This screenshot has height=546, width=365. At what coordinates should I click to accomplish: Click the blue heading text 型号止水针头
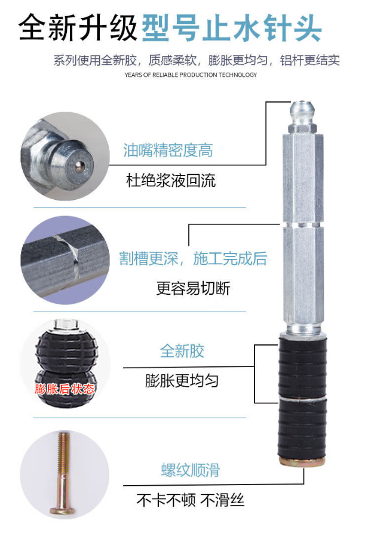(231, 29)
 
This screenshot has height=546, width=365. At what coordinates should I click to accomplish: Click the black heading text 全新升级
(78, 28)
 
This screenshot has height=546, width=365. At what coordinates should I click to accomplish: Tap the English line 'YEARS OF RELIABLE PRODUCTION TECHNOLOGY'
(191, 75)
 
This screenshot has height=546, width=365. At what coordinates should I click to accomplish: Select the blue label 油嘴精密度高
(168, 150)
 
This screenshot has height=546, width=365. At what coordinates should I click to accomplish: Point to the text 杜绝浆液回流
(171, 180)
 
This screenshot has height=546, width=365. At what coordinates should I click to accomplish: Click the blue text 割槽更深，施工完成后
(193, 259)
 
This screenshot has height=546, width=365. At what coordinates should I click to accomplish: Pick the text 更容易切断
(193, 288)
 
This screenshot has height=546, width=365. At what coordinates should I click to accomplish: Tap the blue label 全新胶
(182, 351)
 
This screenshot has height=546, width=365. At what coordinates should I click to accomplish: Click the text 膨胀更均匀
(182, 381)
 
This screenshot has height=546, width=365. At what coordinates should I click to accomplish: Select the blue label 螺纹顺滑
(191, 470)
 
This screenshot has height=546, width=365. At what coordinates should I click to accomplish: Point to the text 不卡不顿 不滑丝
(191, 500)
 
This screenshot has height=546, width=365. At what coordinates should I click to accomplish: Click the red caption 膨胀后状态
(65, 388)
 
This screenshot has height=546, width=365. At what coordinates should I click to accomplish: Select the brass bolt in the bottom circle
(63, 474)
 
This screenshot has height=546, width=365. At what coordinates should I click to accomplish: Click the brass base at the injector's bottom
(302, 462)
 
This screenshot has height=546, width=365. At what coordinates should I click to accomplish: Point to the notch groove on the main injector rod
(302, 225)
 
